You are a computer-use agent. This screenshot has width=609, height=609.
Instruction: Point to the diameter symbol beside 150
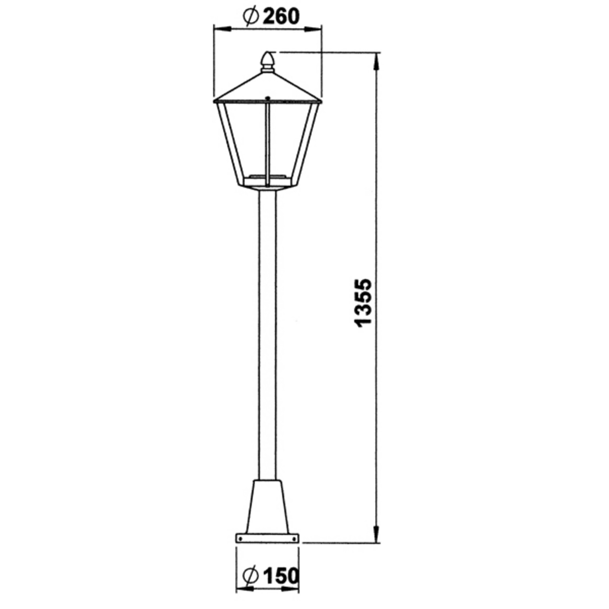point(250,576)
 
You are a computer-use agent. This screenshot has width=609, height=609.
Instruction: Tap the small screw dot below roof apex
point(267,98)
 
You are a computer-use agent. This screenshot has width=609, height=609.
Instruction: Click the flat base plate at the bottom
point(267,538)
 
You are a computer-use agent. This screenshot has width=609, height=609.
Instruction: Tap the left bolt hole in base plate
point(241,538)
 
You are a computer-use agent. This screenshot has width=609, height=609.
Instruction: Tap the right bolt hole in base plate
point(294,538)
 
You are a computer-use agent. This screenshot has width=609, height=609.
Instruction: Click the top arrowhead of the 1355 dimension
point(376,61)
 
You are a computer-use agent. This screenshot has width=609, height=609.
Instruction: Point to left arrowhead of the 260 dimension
point(221,28)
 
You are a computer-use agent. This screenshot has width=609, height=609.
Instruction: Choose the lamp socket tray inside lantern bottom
point(267,176)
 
